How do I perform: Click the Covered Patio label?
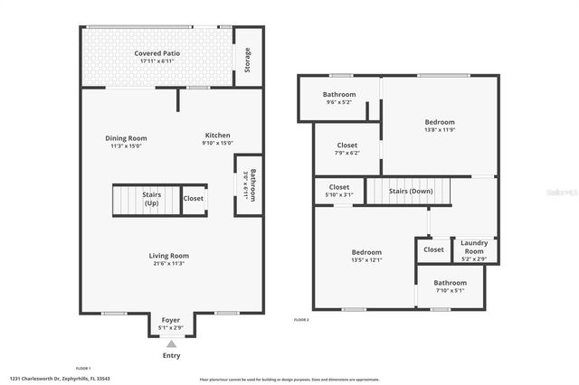[x=157, y=53]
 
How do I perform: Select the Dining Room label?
[x=128, y=138]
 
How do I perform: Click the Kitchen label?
[x=217, y=136]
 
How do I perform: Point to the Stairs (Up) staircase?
[x=151, y=199]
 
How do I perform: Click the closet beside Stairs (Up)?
[x=194, y=199]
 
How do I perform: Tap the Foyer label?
[x=170, y=320]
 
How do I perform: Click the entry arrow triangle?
[x=170, y=343]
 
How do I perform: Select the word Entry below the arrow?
[x=170, y=355]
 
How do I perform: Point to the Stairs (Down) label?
[x=411, y=192]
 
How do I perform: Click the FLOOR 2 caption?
[x=302, y=320]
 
